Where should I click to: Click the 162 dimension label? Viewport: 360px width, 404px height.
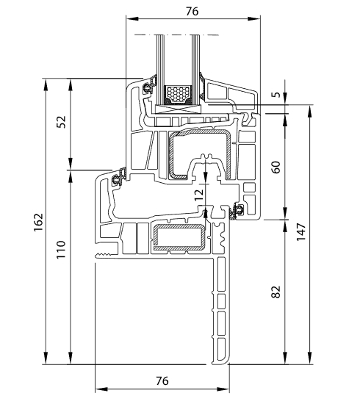click(38, 223)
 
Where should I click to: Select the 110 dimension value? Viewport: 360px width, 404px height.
click(61, 250)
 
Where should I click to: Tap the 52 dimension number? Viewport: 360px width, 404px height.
click(61, 122)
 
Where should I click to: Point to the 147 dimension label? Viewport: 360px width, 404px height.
click(300, 232)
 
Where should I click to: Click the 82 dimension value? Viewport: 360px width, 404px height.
click(276, 292)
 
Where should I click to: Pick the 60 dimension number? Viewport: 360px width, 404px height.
click(276, 167)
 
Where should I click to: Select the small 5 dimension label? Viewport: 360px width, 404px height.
click(276, 95)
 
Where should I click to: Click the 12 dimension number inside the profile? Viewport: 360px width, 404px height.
click(198, 195)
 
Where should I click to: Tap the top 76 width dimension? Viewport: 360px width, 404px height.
click(192, 11)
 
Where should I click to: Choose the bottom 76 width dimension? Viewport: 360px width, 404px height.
click(162, 380)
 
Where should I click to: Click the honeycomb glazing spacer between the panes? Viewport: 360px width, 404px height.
click(178, 93)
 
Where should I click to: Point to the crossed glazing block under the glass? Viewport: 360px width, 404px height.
click(178, 109)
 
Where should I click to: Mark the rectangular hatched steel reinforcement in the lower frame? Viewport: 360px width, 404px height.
click(179, 237)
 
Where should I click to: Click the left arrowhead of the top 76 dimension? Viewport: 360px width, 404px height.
click(132, 19)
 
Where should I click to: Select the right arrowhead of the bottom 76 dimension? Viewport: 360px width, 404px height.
click(223, 389)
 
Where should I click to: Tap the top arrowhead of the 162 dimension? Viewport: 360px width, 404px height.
click(46, 84)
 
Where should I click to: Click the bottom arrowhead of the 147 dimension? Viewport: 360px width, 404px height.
click(310, 358)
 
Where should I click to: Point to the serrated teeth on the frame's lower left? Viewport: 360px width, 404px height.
click(104, 256)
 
